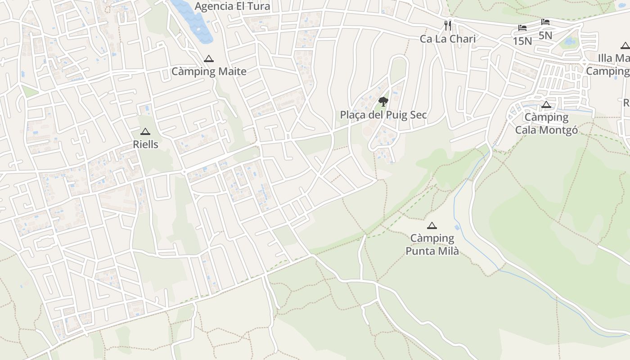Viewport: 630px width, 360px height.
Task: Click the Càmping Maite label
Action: click(209, 72)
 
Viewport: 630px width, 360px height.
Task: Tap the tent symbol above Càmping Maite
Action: click(208, 58)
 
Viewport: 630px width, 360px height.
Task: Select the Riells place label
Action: click(145, 144)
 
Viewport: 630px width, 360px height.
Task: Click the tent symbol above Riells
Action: click(145, 131)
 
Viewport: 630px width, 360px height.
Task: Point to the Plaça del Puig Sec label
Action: click(383, 115)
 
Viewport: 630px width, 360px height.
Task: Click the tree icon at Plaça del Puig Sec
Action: click(383, 101)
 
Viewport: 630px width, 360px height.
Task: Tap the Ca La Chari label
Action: click(448, 39)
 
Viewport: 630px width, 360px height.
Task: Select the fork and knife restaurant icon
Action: click(447, 26)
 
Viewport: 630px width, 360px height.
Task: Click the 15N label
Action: click(522, 41)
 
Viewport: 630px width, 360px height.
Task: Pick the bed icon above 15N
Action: click(522, 28)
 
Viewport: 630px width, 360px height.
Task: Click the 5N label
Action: click(545, 35)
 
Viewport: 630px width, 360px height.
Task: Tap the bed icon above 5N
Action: click(545, 22)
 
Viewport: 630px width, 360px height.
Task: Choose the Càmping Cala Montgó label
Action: click(546, 124)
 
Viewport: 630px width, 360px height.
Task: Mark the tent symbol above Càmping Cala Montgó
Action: click(546, 105)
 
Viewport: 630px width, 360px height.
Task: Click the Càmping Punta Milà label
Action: click(432, 244)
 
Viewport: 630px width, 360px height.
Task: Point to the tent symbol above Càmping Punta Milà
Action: click(432, 225)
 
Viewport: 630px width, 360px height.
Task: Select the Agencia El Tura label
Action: click(232, 6)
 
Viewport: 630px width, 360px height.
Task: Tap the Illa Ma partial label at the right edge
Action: click(614, 58)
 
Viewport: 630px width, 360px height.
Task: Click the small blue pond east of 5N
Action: click(570, 42)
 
